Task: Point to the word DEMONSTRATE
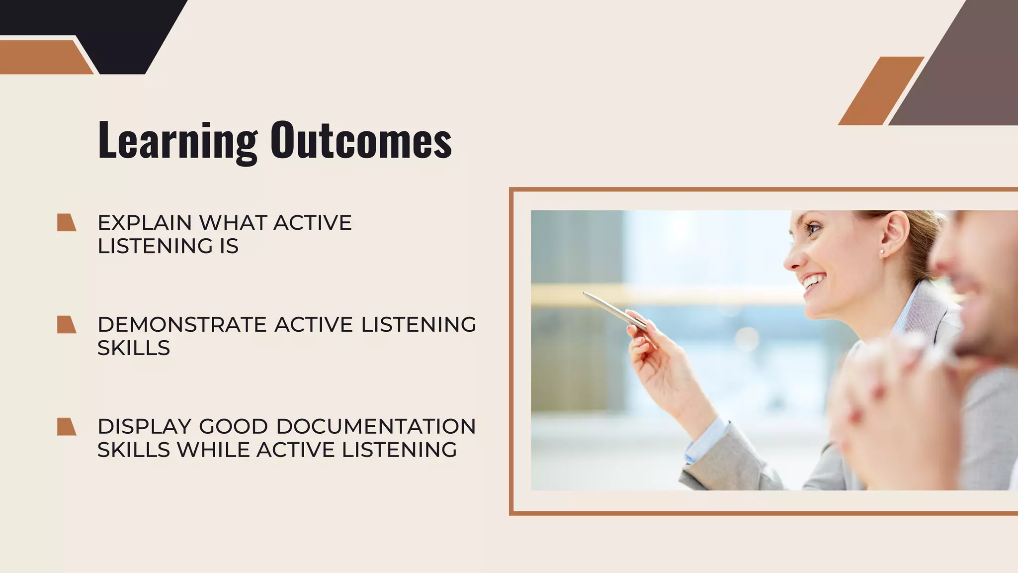[182, 325]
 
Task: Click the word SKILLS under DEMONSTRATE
[133, 348]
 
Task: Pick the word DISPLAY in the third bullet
[144, 427]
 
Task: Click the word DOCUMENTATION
[376, 427]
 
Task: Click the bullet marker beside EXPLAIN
[66, 223]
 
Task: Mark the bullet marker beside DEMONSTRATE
[66, 325]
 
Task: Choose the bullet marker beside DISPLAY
[66, 427]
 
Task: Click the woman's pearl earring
[882, 252]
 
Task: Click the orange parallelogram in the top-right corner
[881, 91]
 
